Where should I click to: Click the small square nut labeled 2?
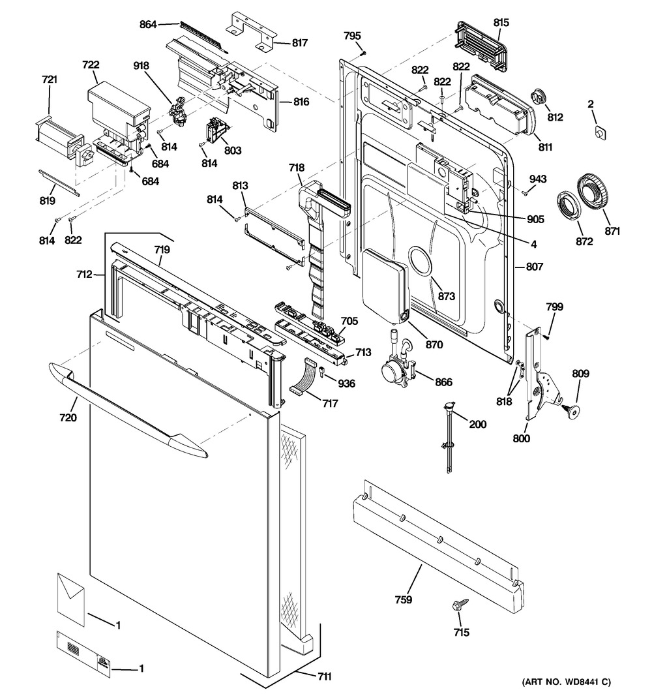(599, 132)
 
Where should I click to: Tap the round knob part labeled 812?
(538, 97)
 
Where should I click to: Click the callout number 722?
(91, 65)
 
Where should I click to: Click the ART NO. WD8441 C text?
(565, 682)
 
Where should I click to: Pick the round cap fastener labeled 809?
(572, 409)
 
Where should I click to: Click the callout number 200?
(478, 425)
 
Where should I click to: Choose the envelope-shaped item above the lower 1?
(70, 594)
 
